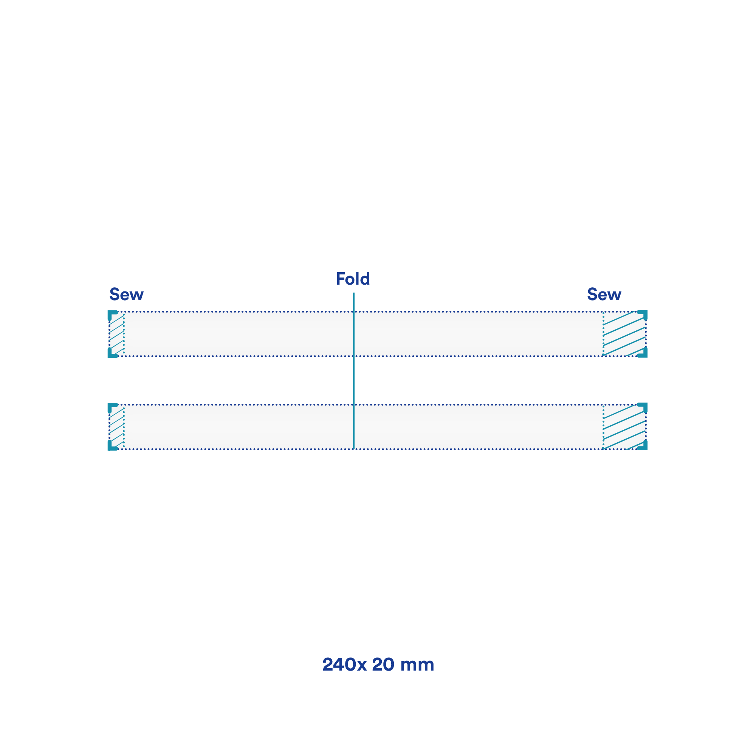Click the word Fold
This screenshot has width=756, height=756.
(353, 279)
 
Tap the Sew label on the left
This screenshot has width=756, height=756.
(126, 294)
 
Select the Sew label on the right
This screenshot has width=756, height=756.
(604, 294)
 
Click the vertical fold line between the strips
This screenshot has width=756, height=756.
(354, 370)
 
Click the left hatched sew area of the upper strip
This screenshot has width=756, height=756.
(116, 334)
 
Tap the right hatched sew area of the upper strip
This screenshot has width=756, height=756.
(624, 334)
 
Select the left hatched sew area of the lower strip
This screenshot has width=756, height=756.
(116, 426)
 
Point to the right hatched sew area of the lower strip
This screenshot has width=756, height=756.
(624, 426)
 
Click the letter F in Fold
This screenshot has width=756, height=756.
(341, 279)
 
